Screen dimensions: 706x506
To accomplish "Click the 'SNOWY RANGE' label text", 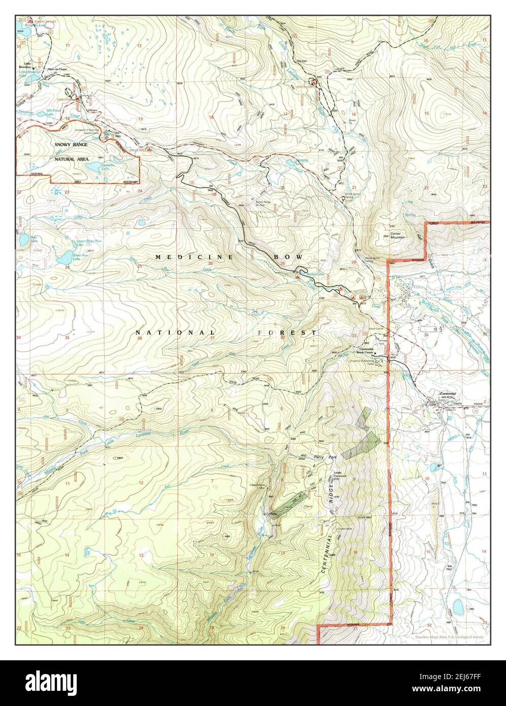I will (71, 145).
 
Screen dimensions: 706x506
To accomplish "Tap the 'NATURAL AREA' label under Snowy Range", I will (71, 159).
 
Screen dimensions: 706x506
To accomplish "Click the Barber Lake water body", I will (306, 274).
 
